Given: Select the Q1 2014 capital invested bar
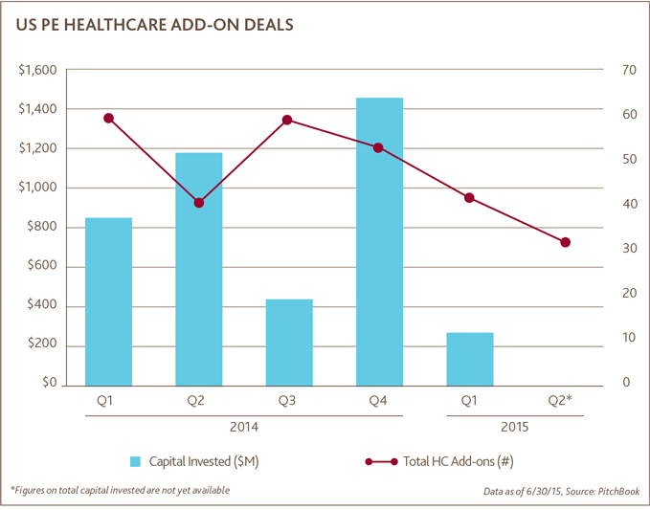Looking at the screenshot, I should [108, 300].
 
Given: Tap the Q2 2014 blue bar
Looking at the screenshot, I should [198, 268].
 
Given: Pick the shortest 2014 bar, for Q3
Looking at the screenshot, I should [289, 342].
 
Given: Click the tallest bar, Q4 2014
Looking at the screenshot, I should [379, 240].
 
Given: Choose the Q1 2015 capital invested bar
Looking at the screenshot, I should [469, 358].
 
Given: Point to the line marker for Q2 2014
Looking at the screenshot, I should [198, 203].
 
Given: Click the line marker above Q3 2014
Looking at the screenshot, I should [289, 121].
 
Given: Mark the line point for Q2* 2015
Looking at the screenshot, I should [565, 242].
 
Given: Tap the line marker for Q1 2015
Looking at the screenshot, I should [469, 198].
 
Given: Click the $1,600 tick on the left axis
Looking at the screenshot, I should [37, 71].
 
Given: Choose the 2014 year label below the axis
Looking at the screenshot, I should [243, 428].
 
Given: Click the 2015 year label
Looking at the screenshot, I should [515, 428].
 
